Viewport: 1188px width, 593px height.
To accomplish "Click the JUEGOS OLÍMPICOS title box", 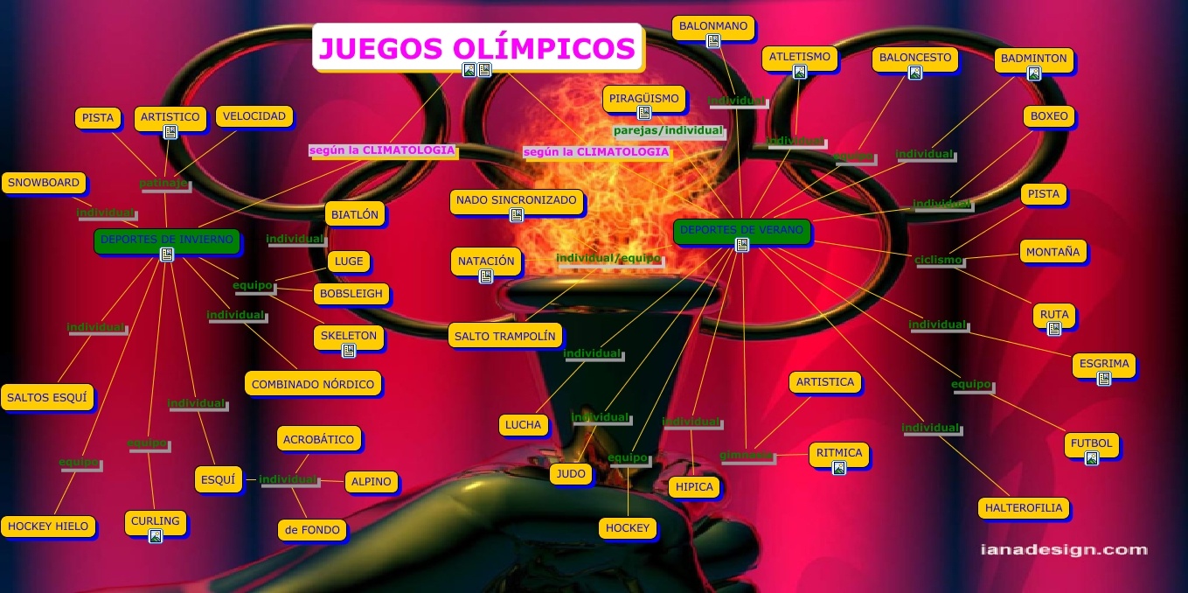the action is (x=477, y=47).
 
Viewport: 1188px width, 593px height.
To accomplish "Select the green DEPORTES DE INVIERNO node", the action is (x=166, y=240).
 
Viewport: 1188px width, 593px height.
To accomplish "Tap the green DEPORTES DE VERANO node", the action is (x=741, y=231).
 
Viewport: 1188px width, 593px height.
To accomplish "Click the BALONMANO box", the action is (x=714, y=27).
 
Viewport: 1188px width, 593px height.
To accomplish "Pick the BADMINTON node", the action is (x=1033, y=59).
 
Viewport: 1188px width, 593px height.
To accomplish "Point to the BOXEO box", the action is (x=1049, y=116).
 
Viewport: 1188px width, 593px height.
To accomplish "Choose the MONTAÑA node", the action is (x=1053, y=252).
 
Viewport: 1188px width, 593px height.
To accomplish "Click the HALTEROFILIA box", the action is (x=1024, y=508).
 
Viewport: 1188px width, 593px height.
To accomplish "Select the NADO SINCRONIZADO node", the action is (x=517, y=201).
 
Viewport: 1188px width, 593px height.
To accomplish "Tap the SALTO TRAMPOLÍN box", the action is (x=505, y=336).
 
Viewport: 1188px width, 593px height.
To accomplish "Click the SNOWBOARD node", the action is (x=44, y=184).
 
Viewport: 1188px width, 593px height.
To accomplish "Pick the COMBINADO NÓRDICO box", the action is (x=313, y=384).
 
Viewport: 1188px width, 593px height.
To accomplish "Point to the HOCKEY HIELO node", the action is (x=48, y=527).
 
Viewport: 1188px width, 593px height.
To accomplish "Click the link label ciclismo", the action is (x=938, y=260).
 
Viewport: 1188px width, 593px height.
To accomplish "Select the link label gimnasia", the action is (x=747, y=456).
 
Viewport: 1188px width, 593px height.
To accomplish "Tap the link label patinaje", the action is (x=163, y=184).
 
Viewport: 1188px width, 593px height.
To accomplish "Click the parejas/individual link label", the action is (x=668, y=131).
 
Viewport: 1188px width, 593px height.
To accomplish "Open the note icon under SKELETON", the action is (x=349, y=351).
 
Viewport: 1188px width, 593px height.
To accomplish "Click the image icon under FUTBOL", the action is (x=1091, y=458).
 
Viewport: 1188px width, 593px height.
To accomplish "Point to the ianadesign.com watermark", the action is (x=1063, y=550).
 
